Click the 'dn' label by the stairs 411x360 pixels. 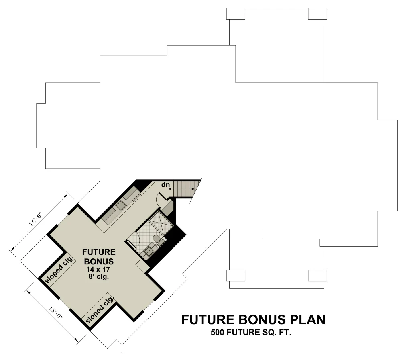[x=165, y=185]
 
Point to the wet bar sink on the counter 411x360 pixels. [x=121, y=207]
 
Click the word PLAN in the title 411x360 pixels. [x=305, y=320]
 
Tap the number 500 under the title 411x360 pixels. [x=217, y=333]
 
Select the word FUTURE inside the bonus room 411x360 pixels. [x=99, y=252]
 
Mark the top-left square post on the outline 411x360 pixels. [x=236, y=14]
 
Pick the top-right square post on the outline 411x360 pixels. [x=317, y=14]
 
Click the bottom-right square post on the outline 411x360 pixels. [x=317, y=276]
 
